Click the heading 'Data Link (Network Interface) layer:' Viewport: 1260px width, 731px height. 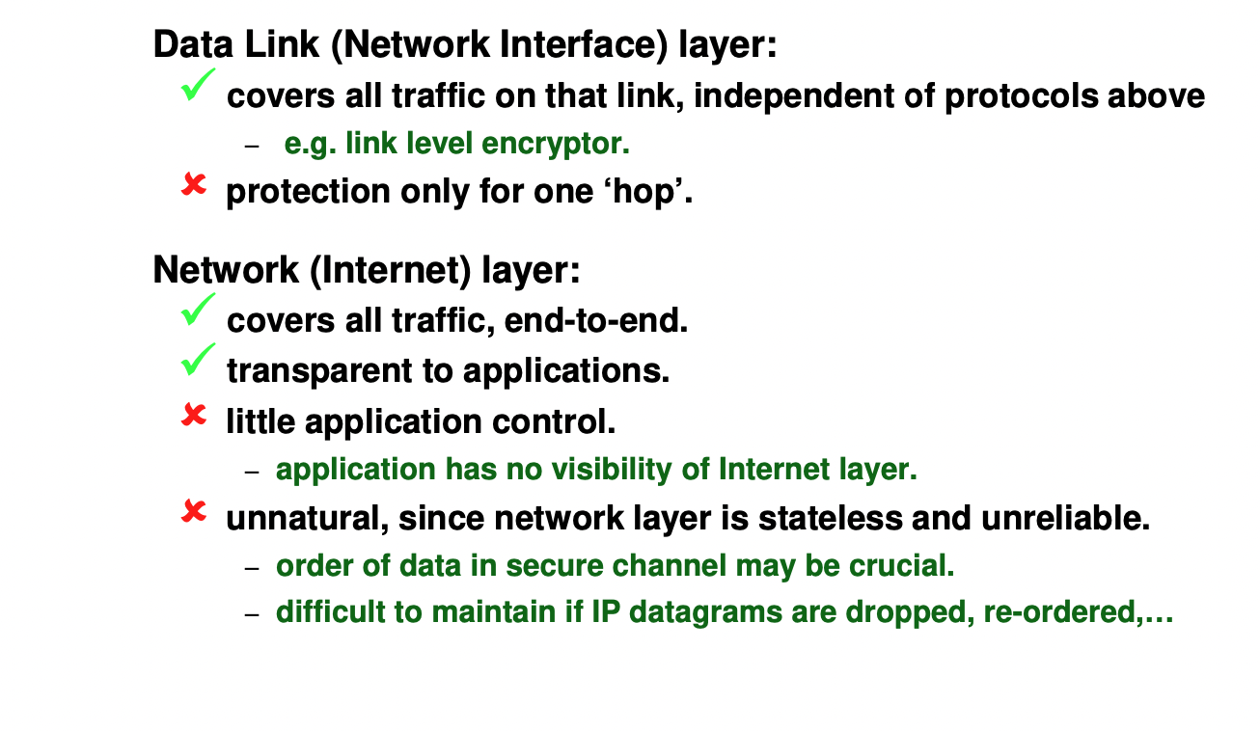pyautogui.click(x=464, y=45)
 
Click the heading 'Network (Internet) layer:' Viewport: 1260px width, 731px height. pyautogui.click(x=367, y=270)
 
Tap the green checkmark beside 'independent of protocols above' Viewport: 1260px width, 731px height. pyautogui.click(x=198, y=87)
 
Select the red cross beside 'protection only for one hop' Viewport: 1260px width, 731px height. pyautogui.click(x=194, y=186)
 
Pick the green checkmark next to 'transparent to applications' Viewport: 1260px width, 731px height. pyautogui.click(x=198, y=362)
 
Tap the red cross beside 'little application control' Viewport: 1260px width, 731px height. pyautogui.click(x=194, y=416)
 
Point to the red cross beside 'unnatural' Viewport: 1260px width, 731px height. pyautogui.click(x=194, y=512)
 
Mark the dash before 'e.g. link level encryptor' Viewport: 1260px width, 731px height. pyautogui.click(x=253, y=146)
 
